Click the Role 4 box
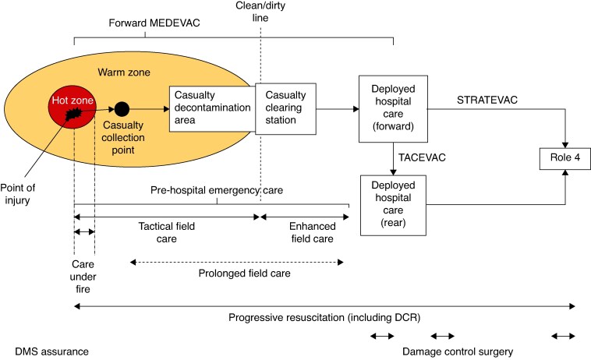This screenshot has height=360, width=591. coord(565,158)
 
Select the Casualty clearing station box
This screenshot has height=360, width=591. coord(285,109)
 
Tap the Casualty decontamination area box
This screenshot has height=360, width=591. coord(213,109)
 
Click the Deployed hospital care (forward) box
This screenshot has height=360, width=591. coord(393,109)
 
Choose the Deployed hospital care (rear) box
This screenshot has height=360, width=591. coord(393,205)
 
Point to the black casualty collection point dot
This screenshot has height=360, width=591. coord(122,109)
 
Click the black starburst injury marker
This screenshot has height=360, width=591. coord(73,113)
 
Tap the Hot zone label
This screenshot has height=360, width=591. coord(73,101)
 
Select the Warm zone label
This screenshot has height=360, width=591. coord(124,72)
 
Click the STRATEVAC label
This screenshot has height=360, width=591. coord(487,100)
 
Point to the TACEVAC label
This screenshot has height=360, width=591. coord(422,157)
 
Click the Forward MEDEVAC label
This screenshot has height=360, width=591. coord(154,23)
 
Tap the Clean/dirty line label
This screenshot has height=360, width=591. coord(260,12)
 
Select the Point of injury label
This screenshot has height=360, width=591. coord(17,194)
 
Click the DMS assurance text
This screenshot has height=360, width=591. coord(51,351)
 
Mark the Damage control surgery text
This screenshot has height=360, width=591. coord(458,351)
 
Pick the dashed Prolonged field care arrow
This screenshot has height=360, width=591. coord(237,262)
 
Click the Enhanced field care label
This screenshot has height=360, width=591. coord(313,232)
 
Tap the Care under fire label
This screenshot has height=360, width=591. coord(83,277)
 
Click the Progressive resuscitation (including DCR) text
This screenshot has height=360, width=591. coord(324,317)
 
